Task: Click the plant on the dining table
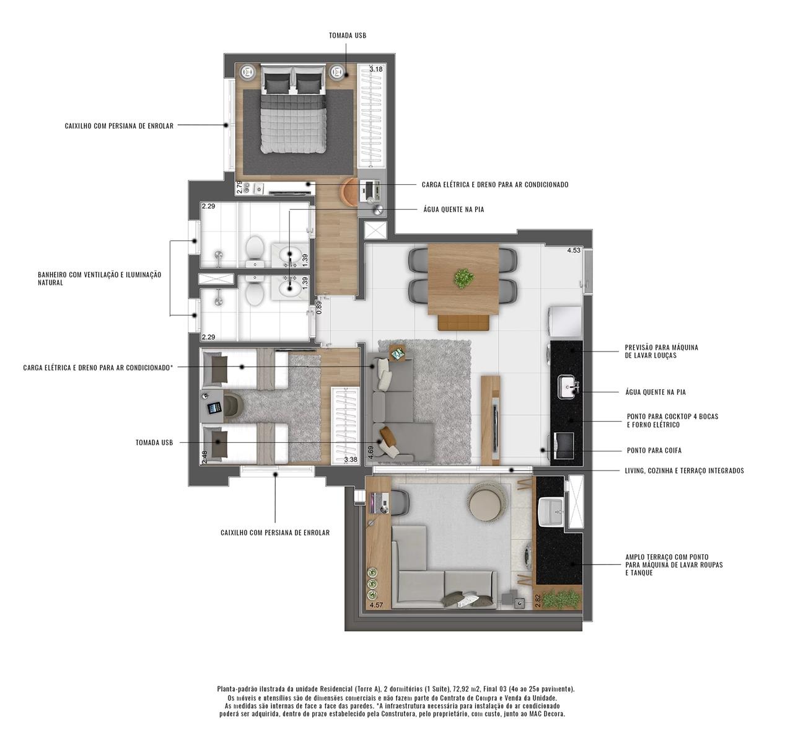point(463,278)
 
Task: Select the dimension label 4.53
point(574,250)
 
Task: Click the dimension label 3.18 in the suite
point(375,69)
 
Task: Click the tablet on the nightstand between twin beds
point(214,408)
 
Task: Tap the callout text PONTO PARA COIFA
point(654,450)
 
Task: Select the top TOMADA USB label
point(348,35)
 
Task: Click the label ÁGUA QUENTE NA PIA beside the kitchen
point(656,392)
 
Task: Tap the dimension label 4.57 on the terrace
point(376,604)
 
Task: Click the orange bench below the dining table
point(463,322)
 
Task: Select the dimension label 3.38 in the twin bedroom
point(351,459)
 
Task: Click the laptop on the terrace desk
point(379,503)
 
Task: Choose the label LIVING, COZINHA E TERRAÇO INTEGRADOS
point(685,471)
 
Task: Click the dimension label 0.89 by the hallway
point(319,307)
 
